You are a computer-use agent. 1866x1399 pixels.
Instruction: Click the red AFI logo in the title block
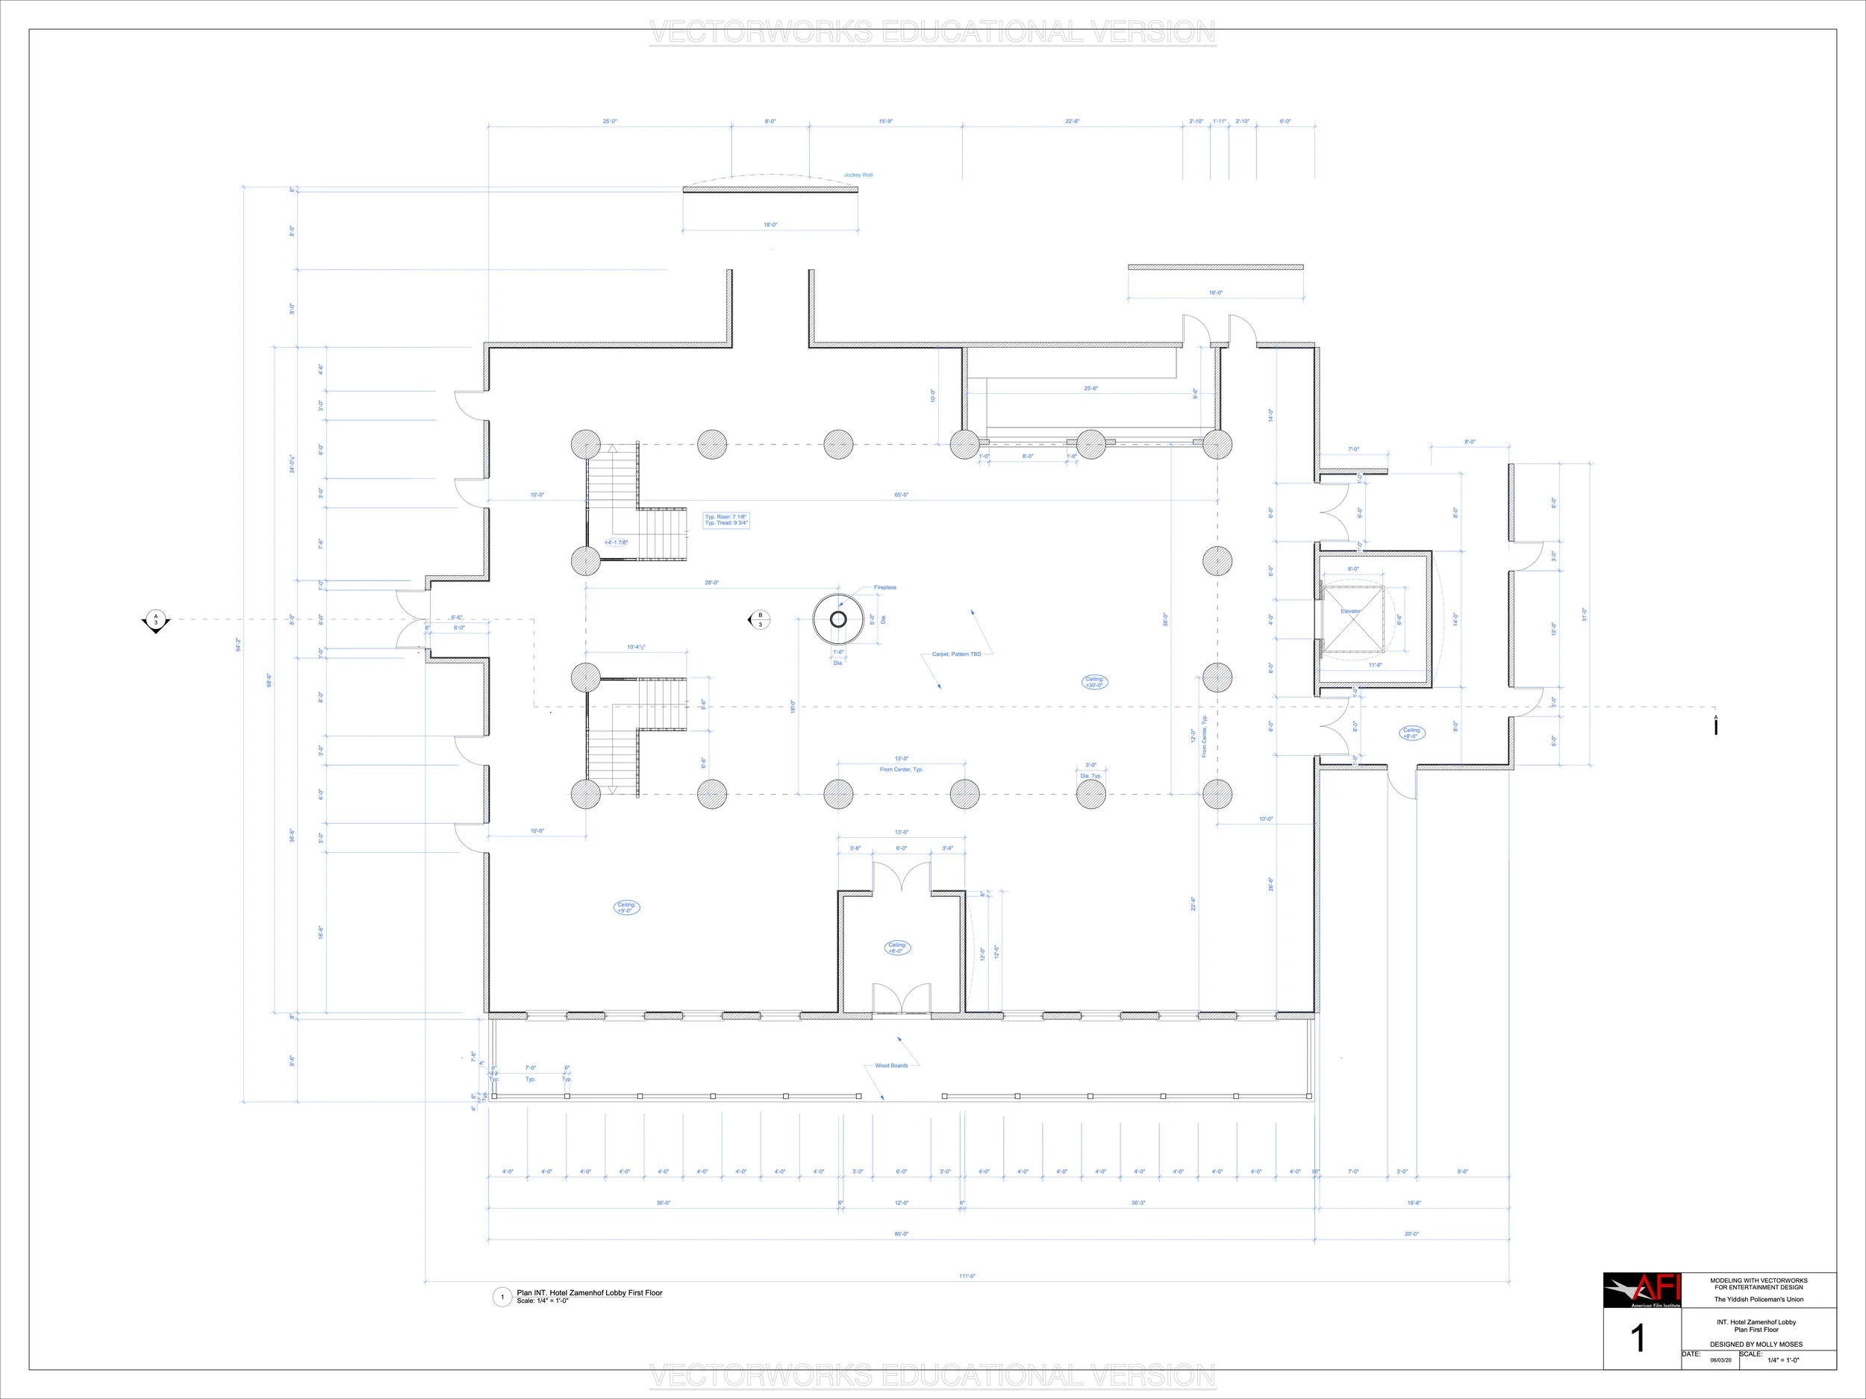1641,1290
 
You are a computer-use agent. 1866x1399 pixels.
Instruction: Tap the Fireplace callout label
885,587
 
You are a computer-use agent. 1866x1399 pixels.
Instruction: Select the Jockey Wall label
858,175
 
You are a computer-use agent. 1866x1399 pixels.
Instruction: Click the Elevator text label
1350,611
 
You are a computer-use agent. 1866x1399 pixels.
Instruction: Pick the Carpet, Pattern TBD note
956,654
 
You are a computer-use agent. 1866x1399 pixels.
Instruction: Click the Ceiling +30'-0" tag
1094,681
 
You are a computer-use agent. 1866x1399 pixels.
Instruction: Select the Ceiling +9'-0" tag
626,907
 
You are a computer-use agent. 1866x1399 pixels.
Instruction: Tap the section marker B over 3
759,620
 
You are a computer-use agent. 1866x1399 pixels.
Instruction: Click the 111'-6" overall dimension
967,1276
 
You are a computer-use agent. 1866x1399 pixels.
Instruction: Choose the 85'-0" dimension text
901,1233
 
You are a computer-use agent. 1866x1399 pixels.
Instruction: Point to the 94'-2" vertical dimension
239,645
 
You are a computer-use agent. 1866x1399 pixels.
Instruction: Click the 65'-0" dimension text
901,495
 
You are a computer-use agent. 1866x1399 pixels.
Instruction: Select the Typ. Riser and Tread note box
726,519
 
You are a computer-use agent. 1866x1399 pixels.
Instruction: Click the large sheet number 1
1638,1339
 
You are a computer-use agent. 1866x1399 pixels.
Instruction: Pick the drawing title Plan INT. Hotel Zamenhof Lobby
590,1293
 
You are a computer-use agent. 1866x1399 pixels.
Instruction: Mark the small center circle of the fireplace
837,620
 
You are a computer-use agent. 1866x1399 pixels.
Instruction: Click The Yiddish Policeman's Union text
1758,1300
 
